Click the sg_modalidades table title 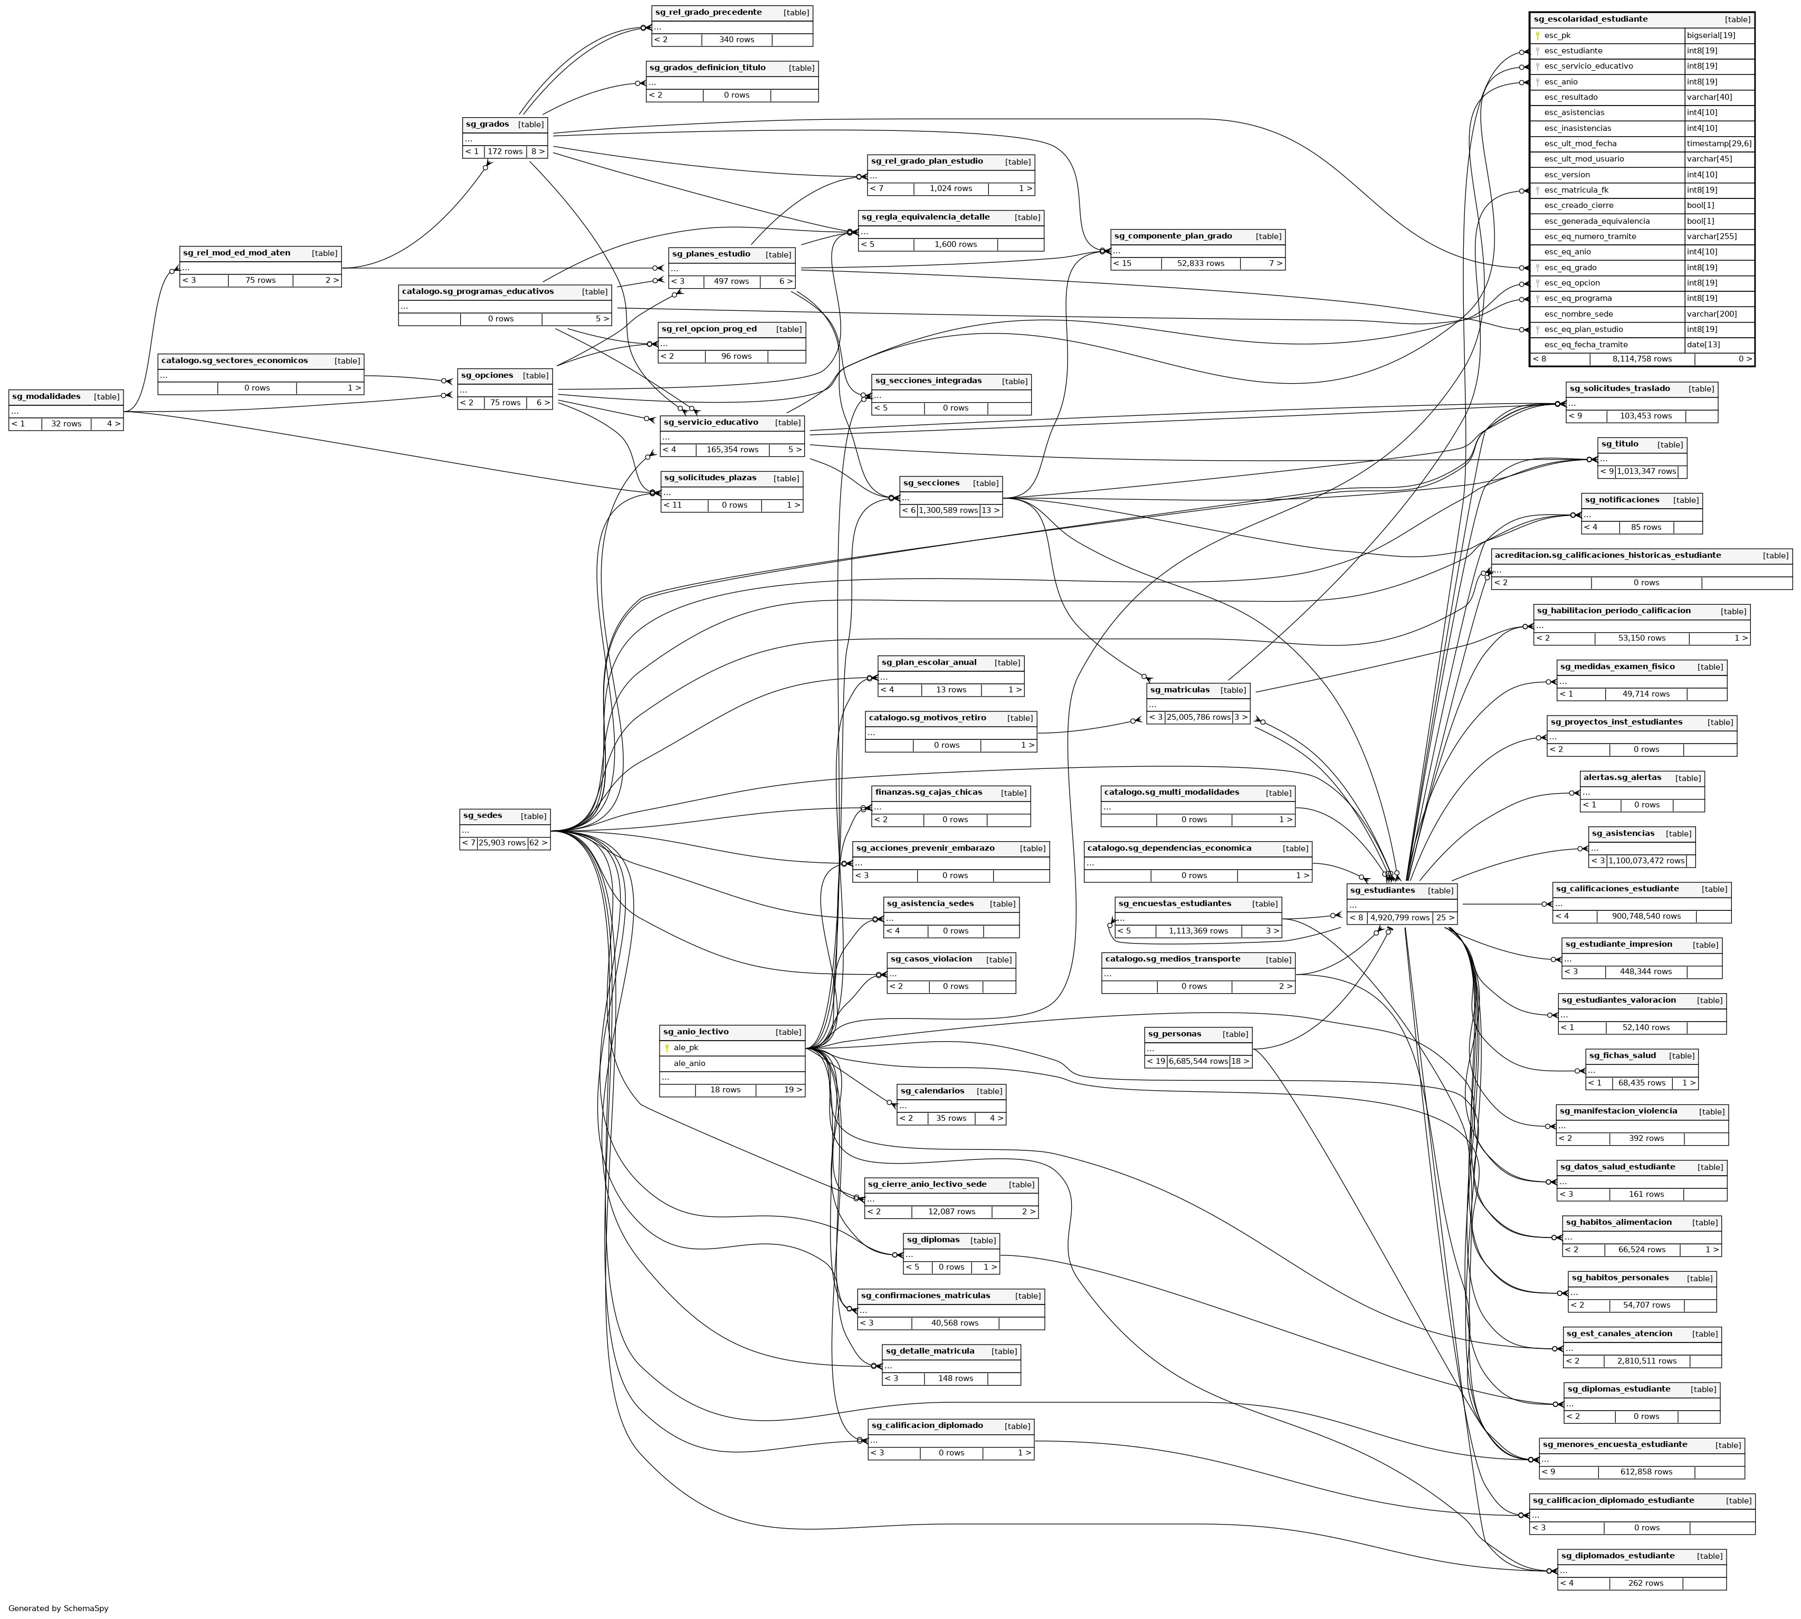(46, 397)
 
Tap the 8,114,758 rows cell (1642, 359)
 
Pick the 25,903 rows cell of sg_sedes (502, 842)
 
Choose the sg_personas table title (1174, 1034)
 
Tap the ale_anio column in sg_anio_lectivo (689, 1063)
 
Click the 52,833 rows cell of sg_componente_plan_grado (1200, 263)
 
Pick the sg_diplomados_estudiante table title (1618, 1556)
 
